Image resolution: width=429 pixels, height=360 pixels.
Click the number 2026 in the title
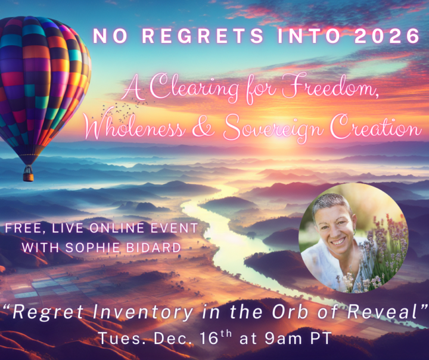pyautogui.click(x=387, y=36)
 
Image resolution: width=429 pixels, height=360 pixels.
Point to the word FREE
pyautogui.click(x=22, y=228)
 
